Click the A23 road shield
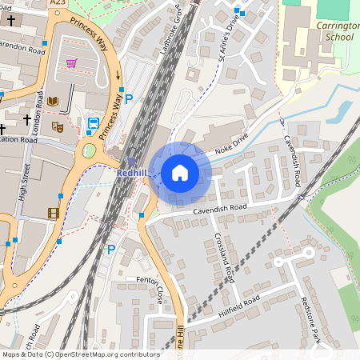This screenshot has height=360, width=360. click(57, 3)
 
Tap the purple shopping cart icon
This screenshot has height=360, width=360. click(72, 63)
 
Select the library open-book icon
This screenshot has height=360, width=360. click(53, 102)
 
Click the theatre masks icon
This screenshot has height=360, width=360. click(57, 126)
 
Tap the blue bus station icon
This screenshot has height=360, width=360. click(93, 126)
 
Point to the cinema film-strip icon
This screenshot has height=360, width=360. click(53, 213)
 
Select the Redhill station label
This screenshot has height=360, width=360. click(130, 173)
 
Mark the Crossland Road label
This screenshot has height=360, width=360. click(224, 258)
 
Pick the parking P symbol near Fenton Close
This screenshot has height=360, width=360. click(111, 250)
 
